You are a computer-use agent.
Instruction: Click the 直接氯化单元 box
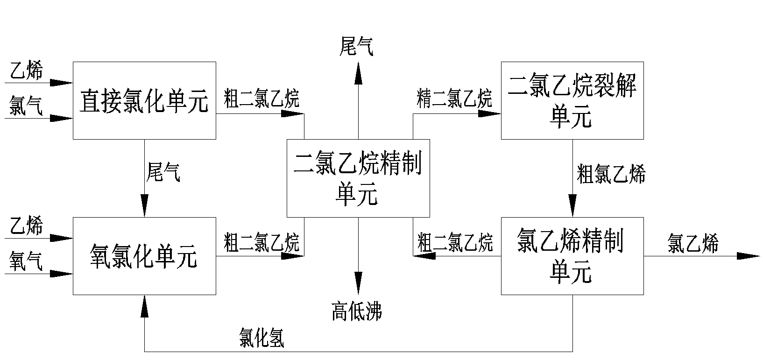click(x=144, y=100)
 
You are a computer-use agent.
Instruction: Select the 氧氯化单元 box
click(x=144, y=256)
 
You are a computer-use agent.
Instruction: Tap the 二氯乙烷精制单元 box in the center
click(x=358, y=178)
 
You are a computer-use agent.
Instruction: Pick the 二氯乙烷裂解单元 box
click(x=572, y=100)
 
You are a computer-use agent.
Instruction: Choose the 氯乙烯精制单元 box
click(x=572, y=256)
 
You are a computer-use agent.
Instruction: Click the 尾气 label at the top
click(x=357, y=47)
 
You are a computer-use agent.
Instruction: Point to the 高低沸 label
click(x=357, y=311)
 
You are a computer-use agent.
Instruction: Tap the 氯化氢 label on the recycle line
click(x=261, y=337)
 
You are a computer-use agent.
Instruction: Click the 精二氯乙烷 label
click(x=454, y=99)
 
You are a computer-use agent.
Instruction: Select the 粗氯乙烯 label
click(x=611, y=174)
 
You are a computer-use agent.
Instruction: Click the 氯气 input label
click(x=26, y=107)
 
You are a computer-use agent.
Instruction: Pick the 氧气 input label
click(x=26, y=262)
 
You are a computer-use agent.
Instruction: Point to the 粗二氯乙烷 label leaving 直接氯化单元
click(x=261, y=99)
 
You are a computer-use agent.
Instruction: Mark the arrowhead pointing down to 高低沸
click(x=358, y=284)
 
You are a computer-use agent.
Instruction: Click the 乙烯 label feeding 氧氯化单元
click(x=26, y=226)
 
